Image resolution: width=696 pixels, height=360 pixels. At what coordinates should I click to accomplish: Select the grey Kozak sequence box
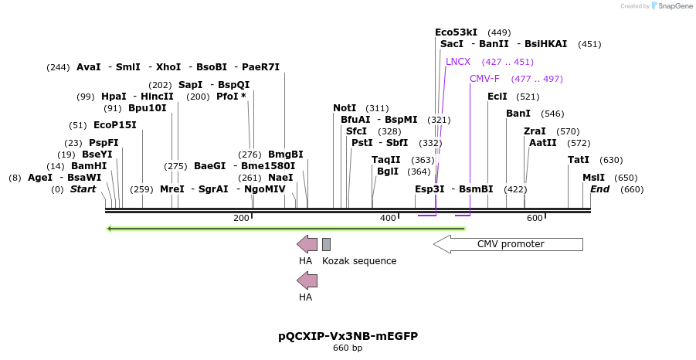(x=326, y=244)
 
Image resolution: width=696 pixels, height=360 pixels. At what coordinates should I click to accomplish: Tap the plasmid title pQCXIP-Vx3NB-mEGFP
(x=348, y=336)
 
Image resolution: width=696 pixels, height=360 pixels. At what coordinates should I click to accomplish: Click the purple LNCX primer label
(x=458, y=62)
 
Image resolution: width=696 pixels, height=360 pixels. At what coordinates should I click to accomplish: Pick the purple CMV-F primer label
(x=484, y=79)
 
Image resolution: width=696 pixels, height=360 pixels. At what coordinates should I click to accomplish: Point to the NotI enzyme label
(x=345, y=108)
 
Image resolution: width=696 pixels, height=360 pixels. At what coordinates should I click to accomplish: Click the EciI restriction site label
(x=497, y=97)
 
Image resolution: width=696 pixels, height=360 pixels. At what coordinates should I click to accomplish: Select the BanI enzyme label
(x=518, y=114)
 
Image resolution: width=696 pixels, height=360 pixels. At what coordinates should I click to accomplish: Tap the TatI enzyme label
(x=579, y=160)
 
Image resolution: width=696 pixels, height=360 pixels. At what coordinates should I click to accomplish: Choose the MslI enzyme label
(x=594, y=178)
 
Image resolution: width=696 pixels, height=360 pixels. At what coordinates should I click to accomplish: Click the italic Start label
(x=83, y=189)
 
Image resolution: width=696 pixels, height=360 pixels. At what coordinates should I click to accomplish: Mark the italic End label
(x=600, y=189)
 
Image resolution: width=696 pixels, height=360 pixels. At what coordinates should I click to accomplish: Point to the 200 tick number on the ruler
(x=241, y=219)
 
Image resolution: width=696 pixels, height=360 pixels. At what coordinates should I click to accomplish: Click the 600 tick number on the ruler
(x=535, y=219)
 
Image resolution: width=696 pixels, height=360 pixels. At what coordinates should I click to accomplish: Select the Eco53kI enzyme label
(x=456, y=32)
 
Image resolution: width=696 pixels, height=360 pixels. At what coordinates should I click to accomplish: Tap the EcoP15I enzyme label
(x=114, y=125)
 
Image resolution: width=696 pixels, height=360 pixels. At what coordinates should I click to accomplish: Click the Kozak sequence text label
(x=359, y=261)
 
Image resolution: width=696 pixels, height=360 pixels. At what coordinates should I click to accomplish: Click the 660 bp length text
(x=348, y=348)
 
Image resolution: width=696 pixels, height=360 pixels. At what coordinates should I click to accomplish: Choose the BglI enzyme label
(x=388, y=172)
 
